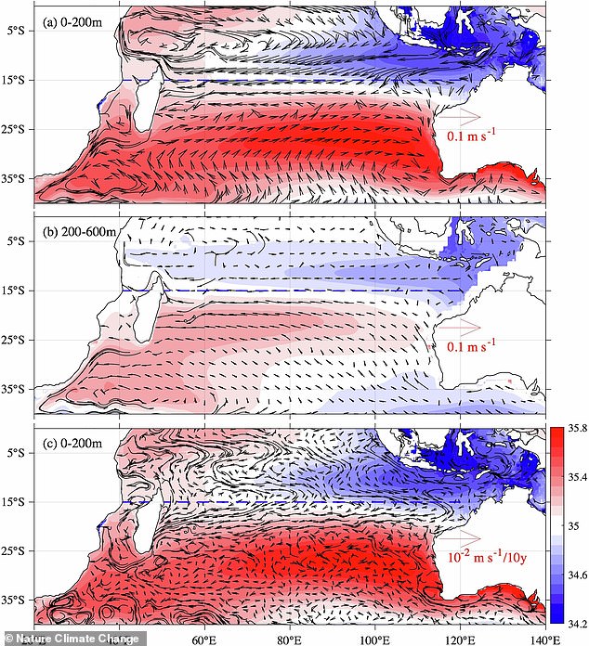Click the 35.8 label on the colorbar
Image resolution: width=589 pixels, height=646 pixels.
tap(575, 428)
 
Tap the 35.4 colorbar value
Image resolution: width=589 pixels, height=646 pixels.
tap(575, 476)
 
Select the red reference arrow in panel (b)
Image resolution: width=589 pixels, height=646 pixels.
tap(460, 327)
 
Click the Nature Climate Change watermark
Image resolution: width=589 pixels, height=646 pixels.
tap(72, 639)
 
